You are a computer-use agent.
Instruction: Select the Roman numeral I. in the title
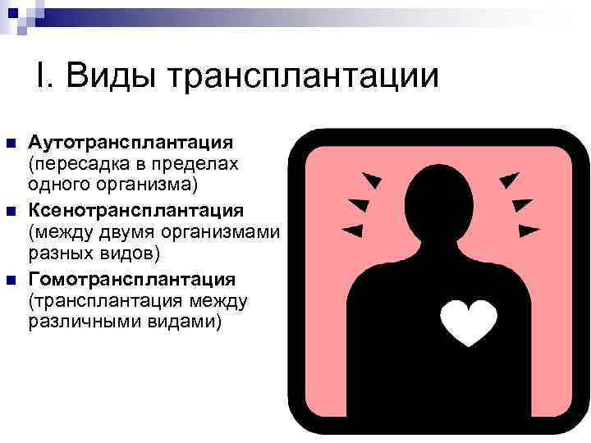(45, 76)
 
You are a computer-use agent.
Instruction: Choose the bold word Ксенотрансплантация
(136, 209)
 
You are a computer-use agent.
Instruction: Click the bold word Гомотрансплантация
(132, 279)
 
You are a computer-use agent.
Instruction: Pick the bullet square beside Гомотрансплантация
(11, 280)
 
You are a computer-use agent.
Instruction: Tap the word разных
(58, 251)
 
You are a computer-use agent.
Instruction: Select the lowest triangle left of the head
(352, 229)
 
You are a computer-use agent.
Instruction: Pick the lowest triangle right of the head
(529, 230)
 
